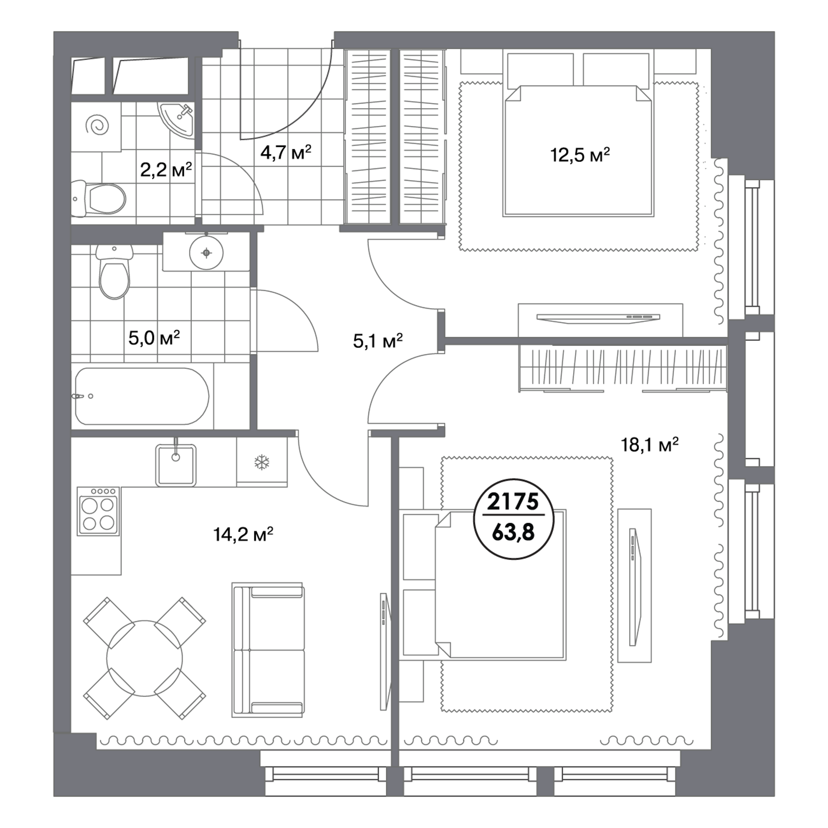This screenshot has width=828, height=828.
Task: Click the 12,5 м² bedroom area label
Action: pos(580,155)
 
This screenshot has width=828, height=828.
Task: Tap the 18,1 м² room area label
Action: pos(650,445)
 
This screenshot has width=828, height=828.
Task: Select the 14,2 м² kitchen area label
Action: pos(243,534)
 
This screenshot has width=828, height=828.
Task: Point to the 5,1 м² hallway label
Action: pos(378,341)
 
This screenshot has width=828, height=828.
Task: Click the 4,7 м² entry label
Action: pos(286,152)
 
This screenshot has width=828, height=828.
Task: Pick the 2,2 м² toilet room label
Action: pos(166,170)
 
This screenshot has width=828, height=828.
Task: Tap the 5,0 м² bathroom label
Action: pos(154,338)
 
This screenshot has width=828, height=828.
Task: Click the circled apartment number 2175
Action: pos(513,501)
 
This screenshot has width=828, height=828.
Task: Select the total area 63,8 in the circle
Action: pos(513,532)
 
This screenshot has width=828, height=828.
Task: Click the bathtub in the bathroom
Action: pos(142,396)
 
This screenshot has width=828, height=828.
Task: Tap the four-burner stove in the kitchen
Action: pos(98,511)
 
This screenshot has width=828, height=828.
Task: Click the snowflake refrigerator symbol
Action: pos(262,462)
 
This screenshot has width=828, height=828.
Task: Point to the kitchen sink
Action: pos(176,465)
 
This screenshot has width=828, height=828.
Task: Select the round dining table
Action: pos(144,659)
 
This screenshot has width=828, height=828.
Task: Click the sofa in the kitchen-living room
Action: pos(268,650)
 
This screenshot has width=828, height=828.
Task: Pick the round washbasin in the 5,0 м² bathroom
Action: pos(207,253)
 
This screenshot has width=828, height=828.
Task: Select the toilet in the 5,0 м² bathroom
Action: pos(115,272)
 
